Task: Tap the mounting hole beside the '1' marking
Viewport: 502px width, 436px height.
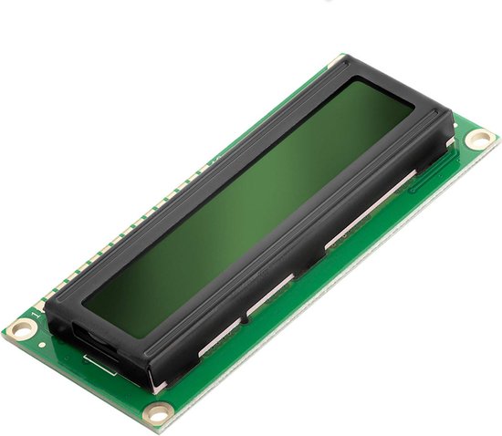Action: [x=19, y=329]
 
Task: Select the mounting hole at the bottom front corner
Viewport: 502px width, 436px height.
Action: [x=159, y=413]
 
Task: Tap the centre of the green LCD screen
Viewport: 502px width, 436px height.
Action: [x=248, y=195]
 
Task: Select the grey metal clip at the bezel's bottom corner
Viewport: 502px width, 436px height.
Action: [x=159, y=387]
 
